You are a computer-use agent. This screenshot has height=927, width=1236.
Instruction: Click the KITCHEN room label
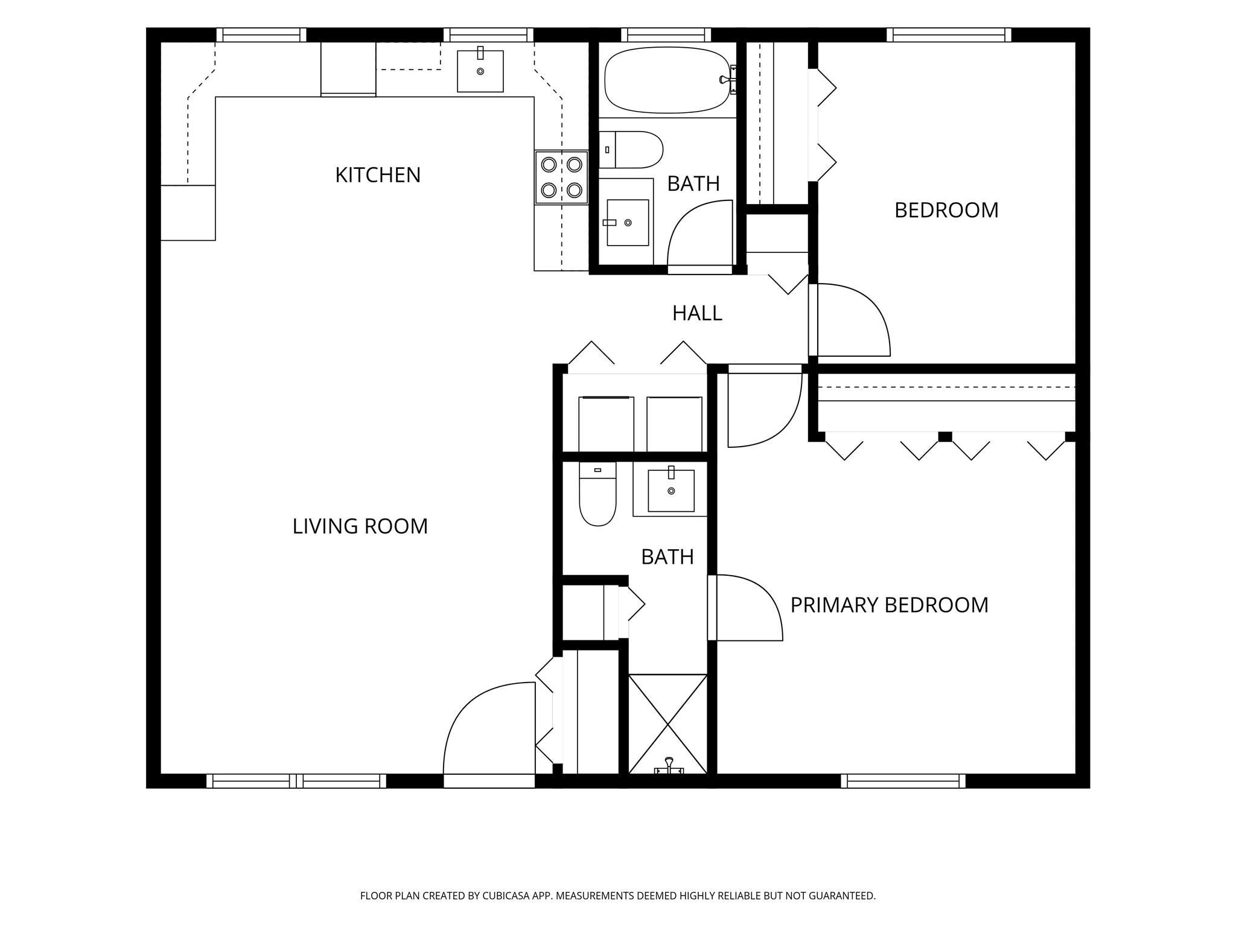coord(378,175)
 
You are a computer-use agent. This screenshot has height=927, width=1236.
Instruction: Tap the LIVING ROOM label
coord(360,526)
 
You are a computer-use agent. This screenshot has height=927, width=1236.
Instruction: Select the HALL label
coord(697,313)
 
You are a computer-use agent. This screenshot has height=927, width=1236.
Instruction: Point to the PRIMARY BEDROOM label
coord(890,605)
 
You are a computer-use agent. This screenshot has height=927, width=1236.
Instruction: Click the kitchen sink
coord(480,71)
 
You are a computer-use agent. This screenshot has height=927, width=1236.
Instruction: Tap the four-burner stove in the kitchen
coord(561,177)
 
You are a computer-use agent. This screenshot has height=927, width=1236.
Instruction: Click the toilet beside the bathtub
coord(631,150)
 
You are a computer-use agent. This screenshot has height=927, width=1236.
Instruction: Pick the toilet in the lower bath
coord(597,494)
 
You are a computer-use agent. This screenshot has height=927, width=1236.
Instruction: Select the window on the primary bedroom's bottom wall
coord(903,781)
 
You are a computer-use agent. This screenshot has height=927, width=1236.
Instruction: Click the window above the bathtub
coord(666,35)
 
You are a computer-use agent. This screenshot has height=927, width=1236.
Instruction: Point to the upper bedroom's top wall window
coord(949,35)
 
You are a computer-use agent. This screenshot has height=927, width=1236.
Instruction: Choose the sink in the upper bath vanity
coord(628,223)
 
